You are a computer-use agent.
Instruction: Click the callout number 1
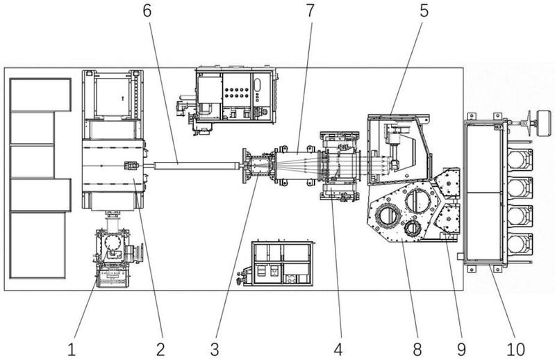point(72,350)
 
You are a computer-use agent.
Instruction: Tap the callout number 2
point(160,350)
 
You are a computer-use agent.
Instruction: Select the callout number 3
point(215,350)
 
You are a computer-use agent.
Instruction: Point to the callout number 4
point(338,350)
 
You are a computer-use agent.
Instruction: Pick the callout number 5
point(424,10)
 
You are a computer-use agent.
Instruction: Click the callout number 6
point(147,10)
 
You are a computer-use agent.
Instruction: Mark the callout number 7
point(310,10)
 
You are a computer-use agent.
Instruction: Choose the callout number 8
point(417,350)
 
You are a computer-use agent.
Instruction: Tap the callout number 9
point(461,350)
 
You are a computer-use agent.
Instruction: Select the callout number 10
point(515,350)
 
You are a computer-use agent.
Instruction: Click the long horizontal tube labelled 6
point(195,165)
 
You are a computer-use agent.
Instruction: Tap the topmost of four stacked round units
point(519,160)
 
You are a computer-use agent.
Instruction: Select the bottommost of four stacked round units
point(519,244)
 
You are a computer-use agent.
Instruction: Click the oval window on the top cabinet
point(257,85)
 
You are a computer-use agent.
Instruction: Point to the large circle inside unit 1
point(113,243)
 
